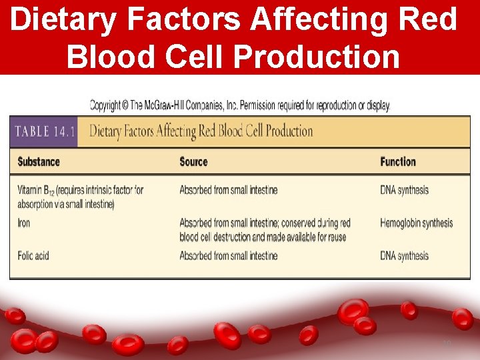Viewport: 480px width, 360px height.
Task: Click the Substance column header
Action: click(x=39, y=162)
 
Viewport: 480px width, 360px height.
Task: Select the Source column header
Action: click(x=193, y=162)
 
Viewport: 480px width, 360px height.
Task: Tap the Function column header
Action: click(x=398, y=162)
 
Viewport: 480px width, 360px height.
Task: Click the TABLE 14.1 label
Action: click(x=43, y=131)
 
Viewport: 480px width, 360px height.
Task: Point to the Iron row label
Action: click(x=24, y=223)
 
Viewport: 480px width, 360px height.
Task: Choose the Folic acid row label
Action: click(x=33, y=255)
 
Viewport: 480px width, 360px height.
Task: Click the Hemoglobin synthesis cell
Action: click(x=416, y=223)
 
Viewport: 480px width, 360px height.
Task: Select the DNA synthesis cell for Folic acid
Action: click(x=404, y=256)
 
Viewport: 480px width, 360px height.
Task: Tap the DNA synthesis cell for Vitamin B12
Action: click(x=404, y=190)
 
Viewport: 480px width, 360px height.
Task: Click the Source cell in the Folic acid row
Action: click(x=228, y=255)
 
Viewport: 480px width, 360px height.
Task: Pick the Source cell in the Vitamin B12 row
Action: click(x=228, y=190)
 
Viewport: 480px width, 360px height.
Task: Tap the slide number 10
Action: click(x=447, y=343)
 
